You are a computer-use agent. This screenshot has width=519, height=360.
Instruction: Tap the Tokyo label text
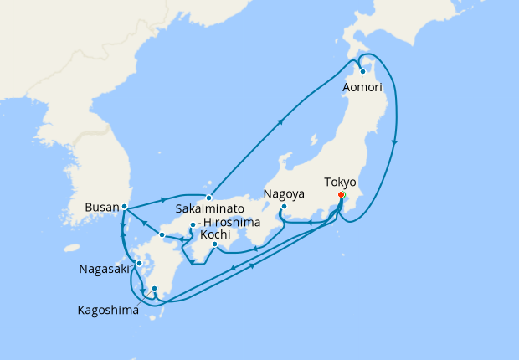pos(340,182)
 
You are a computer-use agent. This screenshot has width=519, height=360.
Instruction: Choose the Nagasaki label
pos(105,269)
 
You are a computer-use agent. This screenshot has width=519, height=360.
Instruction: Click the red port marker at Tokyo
pos(341,195)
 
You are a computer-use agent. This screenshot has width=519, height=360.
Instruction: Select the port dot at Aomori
pos(363,71)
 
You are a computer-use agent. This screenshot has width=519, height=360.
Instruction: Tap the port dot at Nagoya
pos(284,206)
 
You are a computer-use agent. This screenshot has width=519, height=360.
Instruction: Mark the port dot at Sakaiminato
pos(209,198)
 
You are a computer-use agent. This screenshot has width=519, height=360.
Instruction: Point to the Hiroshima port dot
pos(193,225)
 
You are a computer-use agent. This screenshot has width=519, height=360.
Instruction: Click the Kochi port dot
pos(214,244)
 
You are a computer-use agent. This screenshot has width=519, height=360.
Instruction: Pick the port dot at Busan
pos(125,206)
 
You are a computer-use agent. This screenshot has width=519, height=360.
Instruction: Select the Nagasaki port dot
pos(139,264)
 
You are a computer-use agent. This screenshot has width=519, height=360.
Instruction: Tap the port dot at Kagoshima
pos(154,290)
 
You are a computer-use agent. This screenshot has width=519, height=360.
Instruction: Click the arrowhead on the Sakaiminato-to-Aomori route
pos(280,121)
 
